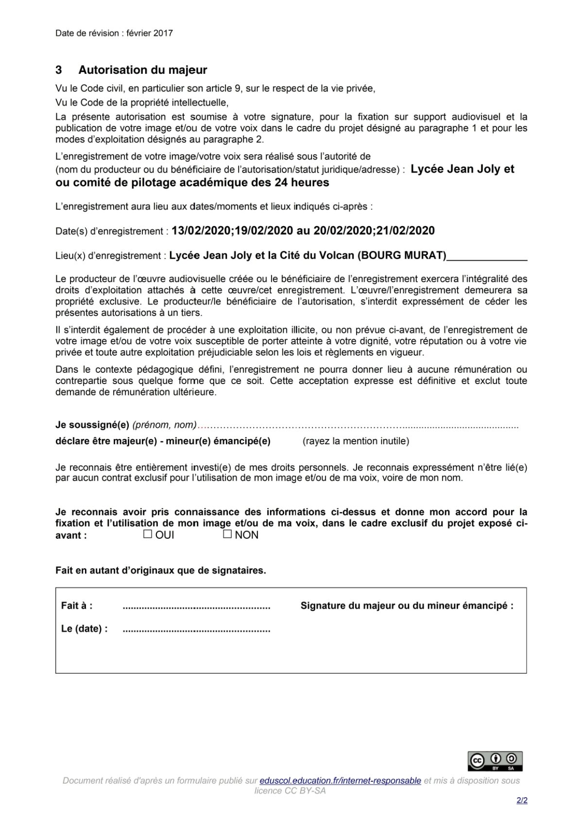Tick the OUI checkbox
(x=148, y=534)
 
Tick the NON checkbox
(x=227, y=534)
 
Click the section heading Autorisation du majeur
(x=143, y=70)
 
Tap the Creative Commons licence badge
(x=495, y=761)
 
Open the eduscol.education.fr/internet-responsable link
(x=340, y=780)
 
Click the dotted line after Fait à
(x=196, y=606)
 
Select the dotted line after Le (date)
(x=196, y=629)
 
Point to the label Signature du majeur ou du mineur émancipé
(x=407, y=606)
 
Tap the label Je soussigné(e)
(x=92, y=425)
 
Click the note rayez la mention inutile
(x=356, y=441)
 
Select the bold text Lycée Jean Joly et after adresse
(x=462, y=169)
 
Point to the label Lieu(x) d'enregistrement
(x=110, y=256)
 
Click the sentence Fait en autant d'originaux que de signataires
(x=161, y=570)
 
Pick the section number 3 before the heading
(x=59, y=70)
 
